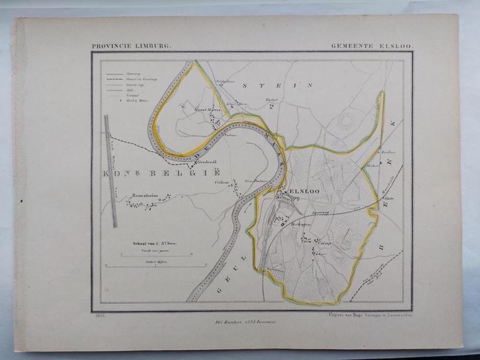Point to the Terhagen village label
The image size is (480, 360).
tap(301, 225)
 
